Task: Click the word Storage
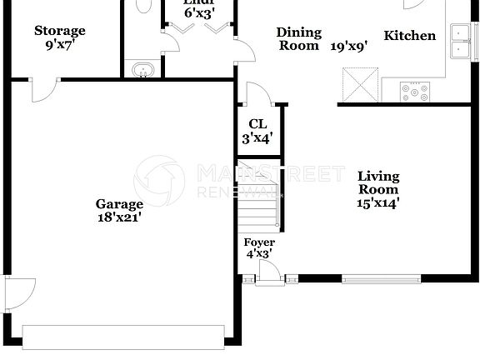pos(59,31)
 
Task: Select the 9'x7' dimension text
pos(59,45)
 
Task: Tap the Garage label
pos(119,203)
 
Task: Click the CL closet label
pos(257,124)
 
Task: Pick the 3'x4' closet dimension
pos(257,139)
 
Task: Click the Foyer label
pos(257,242)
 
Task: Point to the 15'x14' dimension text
pos(378,202)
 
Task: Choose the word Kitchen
pos(409,36)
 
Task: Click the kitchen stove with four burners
pos(415,89)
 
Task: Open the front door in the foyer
pos(269,272)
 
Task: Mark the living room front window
pos(381,279)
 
